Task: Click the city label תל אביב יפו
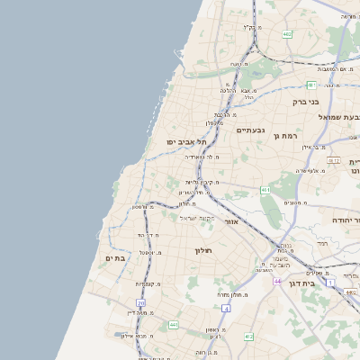click(186, 142)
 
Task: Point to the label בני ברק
click(306, 102)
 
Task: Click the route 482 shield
click(286, 34)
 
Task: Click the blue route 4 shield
click(227, 309)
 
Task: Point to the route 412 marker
click(248, 336)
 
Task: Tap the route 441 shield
click(173, 324)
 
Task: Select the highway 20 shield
click(140, 303)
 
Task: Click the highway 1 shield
click(330, 283)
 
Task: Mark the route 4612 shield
click(333, 160)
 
